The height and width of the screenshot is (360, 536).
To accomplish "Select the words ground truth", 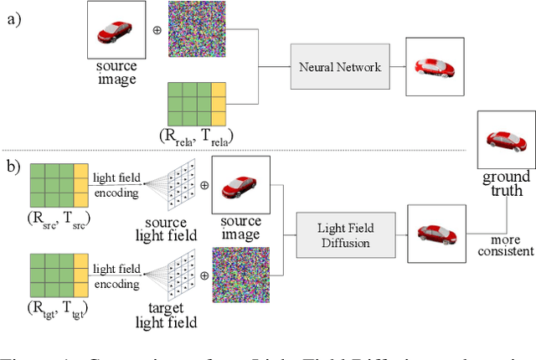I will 506,183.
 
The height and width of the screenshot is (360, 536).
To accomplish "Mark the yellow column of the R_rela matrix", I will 219,102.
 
